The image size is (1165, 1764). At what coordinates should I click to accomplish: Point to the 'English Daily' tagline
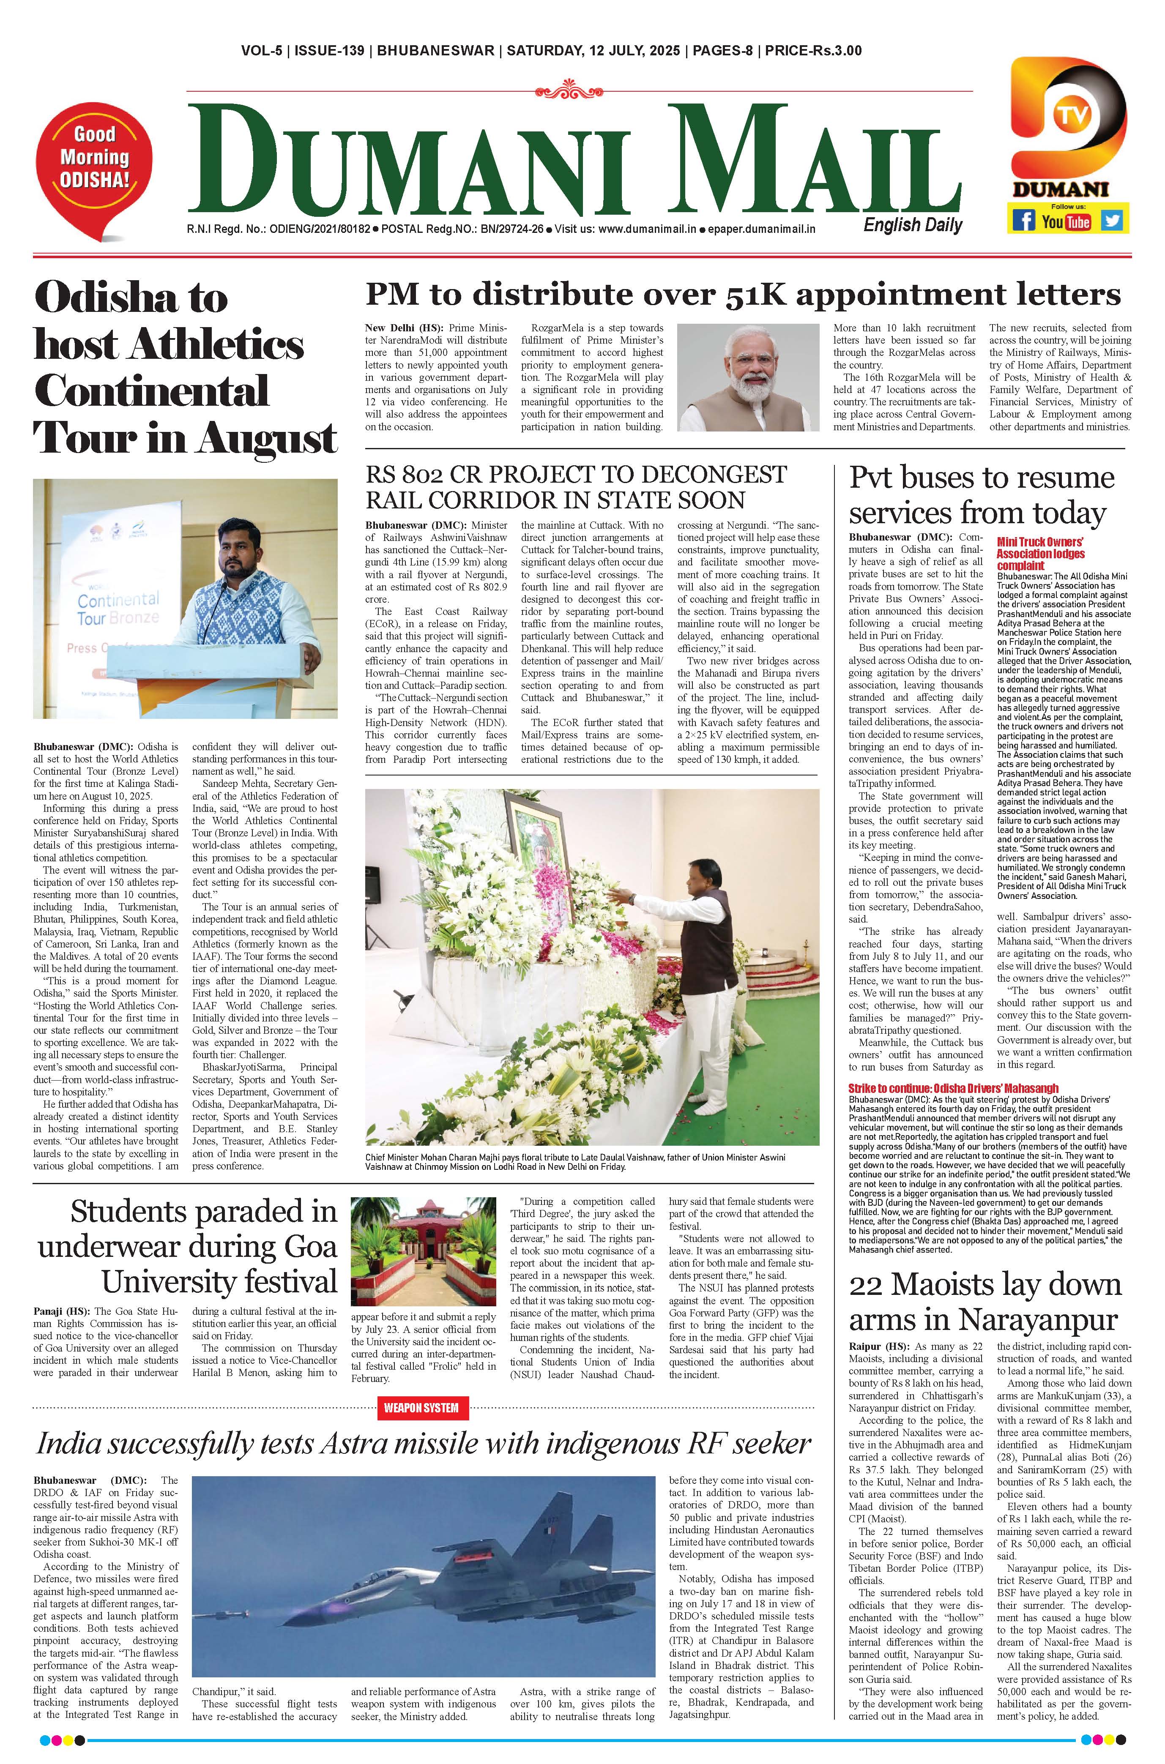[x=912, y=225]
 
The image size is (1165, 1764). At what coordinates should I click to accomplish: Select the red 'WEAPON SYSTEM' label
[x=421, y=1407]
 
